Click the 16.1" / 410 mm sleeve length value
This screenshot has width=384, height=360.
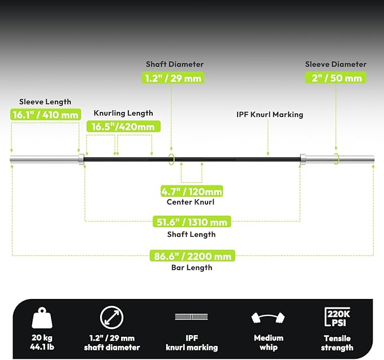pyautogui.click(x=46, y=114)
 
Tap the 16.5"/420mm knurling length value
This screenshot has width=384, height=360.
pyautogui.click(x=123, y=127)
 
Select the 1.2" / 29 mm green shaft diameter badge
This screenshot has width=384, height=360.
pyautogui.click(x=173, y=78)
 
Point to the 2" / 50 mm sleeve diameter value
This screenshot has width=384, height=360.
pyautogui.click(x=335, y=78)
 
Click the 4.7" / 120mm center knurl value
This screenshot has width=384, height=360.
pyautogui.click(x=192, y=191)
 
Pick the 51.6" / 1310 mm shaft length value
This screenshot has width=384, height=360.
pyautogui.click(x=192, y=222)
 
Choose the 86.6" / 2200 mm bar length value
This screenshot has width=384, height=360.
pyautogui.click(x=192, y=256)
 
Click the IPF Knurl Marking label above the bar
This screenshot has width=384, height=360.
pyautogui.click(x=270, y=115)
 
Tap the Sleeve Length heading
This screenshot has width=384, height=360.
pyautogui.click(x=45, y=102)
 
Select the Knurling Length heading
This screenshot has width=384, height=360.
pyautogui.click(x=123, y=113)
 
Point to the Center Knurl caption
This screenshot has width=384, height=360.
pyautogui.click(x=191, y=202)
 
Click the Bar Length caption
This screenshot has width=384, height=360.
pyautogui.click(x=192, y=267)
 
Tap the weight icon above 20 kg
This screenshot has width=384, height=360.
pyautogui.click(x=42, y=318)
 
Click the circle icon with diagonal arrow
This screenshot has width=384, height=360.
pyautogui.click(x=111, y=318)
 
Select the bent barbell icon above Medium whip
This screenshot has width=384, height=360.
pyautogui.click(x=268, y=318)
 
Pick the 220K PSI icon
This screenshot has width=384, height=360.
pyautogui.click(x=338, y=317)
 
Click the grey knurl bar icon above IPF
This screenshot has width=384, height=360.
pyautogui.click(x=191, y=316)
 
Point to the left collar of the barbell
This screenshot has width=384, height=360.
pyautogui.click(x=81, y=159)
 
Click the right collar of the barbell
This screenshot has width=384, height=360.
pyautogui.click(x=303, y=159)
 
